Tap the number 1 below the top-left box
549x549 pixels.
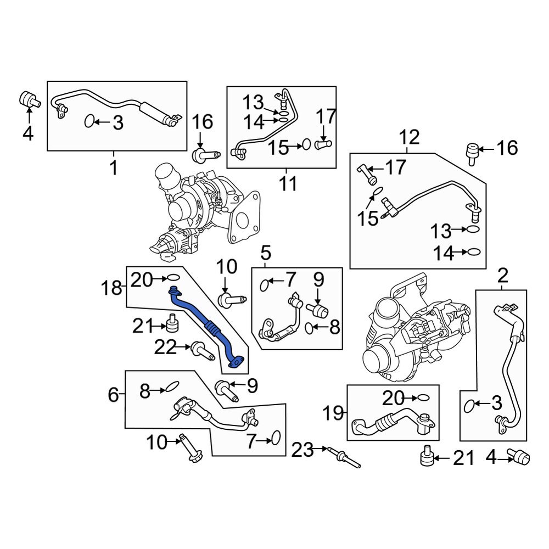click(114, 167)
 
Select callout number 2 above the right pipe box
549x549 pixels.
click(502, 276)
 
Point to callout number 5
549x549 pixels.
click(266, 253)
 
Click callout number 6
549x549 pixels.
click(114, 395)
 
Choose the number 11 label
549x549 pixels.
click(288, 183)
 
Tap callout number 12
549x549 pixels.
click(410, 137)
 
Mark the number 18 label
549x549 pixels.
click(111, 288)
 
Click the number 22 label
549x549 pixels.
click(165, 348)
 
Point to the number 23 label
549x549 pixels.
click(302, 450)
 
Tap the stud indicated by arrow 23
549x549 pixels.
click(345, 457)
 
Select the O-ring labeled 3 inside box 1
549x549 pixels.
click(89, 121)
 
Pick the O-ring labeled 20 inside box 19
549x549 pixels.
click(423, 398)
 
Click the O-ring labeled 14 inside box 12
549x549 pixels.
click(474, 252)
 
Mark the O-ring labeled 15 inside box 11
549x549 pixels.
click(306, 144)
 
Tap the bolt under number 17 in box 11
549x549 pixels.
click(323, 144)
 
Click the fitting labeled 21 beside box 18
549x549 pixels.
click(172, 323)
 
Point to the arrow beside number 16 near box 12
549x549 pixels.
click(486, 149)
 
